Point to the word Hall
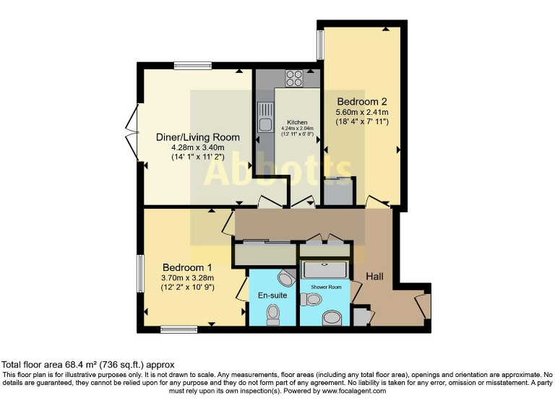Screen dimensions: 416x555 tap(375, 277)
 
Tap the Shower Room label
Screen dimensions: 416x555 tap(324, 287)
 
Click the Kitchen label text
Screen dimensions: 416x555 tap(297, 123)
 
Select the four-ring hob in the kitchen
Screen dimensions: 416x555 tap(294, 77)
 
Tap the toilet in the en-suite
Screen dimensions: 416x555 tap(272, 313)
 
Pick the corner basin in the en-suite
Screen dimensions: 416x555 tap(285, 279)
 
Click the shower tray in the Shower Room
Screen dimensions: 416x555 tap(324, 271)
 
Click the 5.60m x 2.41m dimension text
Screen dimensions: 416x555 tap(362, 113)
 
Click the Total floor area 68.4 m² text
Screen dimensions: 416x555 tap(88, 365)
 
